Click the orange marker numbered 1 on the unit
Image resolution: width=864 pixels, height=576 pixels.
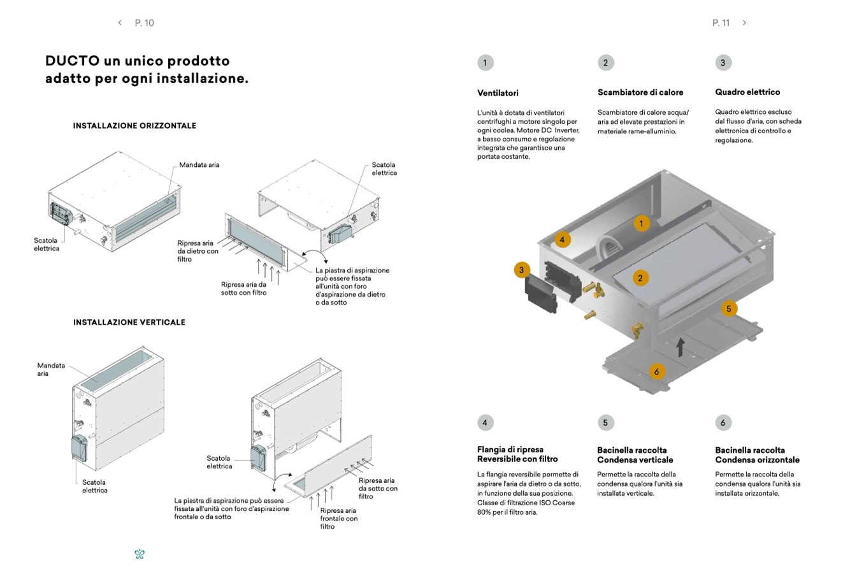(x=641, y=223)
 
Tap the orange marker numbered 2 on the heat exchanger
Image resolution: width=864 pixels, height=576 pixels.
(x=640, y=278)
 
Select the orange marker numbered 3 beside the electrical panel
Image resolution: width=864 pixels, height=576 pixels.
(x=521, y=270)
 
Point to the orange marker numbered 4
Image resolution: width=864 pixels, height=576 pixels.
(x=562, y=240)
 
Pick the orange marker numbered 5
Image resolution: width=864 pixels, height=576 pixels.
(x=729, y=309)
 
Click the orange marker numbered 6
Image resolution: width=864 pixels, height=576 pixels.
(x=656, y=371)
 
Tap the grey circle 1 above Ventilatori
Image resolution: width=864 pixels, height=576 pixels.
(x=485, y=62)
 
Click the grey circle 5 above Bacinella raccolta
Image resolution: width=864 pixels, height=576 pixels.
(x=605, y=422)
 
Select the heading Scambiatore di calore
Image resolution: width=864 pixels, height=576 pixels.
(x=640, y=92)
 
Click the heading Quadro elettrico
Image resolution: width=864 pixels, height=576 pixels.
(x=747, y=92)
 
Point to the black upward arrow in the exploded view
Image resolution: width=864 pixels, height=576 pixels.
(x=680, y=347)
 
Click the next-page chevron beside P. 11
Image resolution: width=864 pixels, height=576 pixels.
(x=744, y=23)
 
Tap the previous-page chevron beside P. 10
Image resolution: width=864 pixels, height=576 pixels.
(x=120, y=23)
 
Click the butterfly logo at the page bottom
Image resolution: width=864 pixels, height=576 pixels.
(x=140, y=554)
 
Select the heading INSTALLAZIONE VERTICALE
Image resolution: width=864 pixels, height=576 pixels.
(x=129, y=322)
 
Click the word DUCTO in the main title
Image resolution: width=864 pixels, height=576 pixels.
(x=72, y=61)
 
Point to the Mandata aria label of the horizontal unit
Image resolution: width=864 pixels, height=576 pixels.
(x=199, y=165)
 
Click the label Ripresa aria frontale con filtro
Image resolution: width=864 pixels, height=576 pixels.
(x=338, y=518)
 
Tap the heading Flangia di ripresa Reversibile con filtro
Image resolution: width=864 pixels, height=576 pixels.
(x=517, y=454)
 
